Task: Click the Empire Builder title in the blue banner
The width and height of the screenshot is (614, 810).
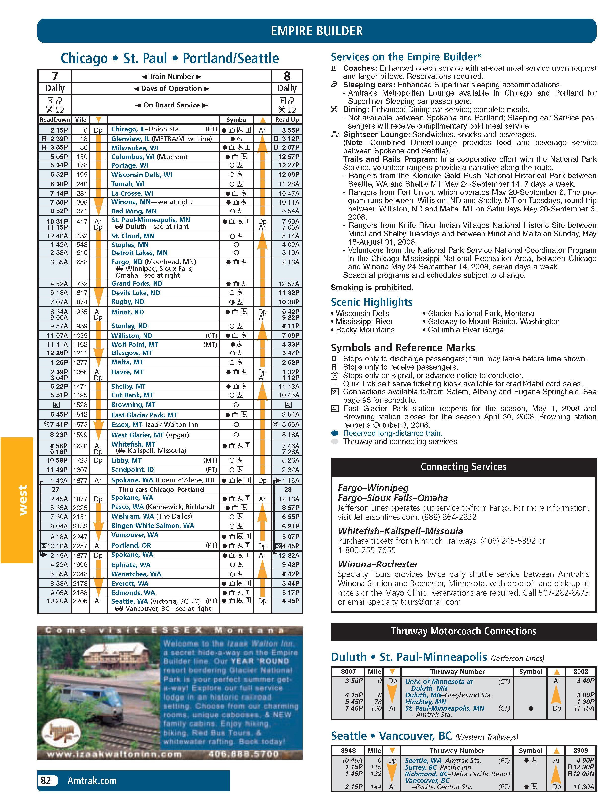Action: (x=317, y=31)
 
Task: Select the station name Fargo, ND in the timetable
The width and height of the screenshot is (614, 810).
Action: (x=127, y=262)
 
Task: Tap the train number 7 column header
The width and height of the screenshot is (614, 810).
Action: (x=55, y=76)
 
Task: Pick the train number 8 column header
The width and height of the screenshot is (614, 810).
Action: (x=287, y=76)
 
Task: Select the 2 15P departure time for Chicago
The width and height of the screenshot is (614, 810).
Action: (x=59, y=130)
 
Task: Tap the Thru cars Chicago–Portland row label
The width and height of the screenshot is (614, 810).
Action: (x=161, y=489)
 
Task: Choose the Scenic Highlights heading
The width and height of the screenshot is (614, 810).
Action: (x=371, y=302)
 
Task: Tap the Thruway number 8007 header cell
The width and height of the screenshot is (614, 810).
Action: (x=348, y=671)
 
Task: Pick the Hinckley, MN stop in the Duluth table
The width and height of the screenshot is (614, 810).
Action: (x=425, y=702)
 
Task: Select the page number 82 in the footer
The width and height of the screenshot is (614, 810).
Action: (x=46, y=781)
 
